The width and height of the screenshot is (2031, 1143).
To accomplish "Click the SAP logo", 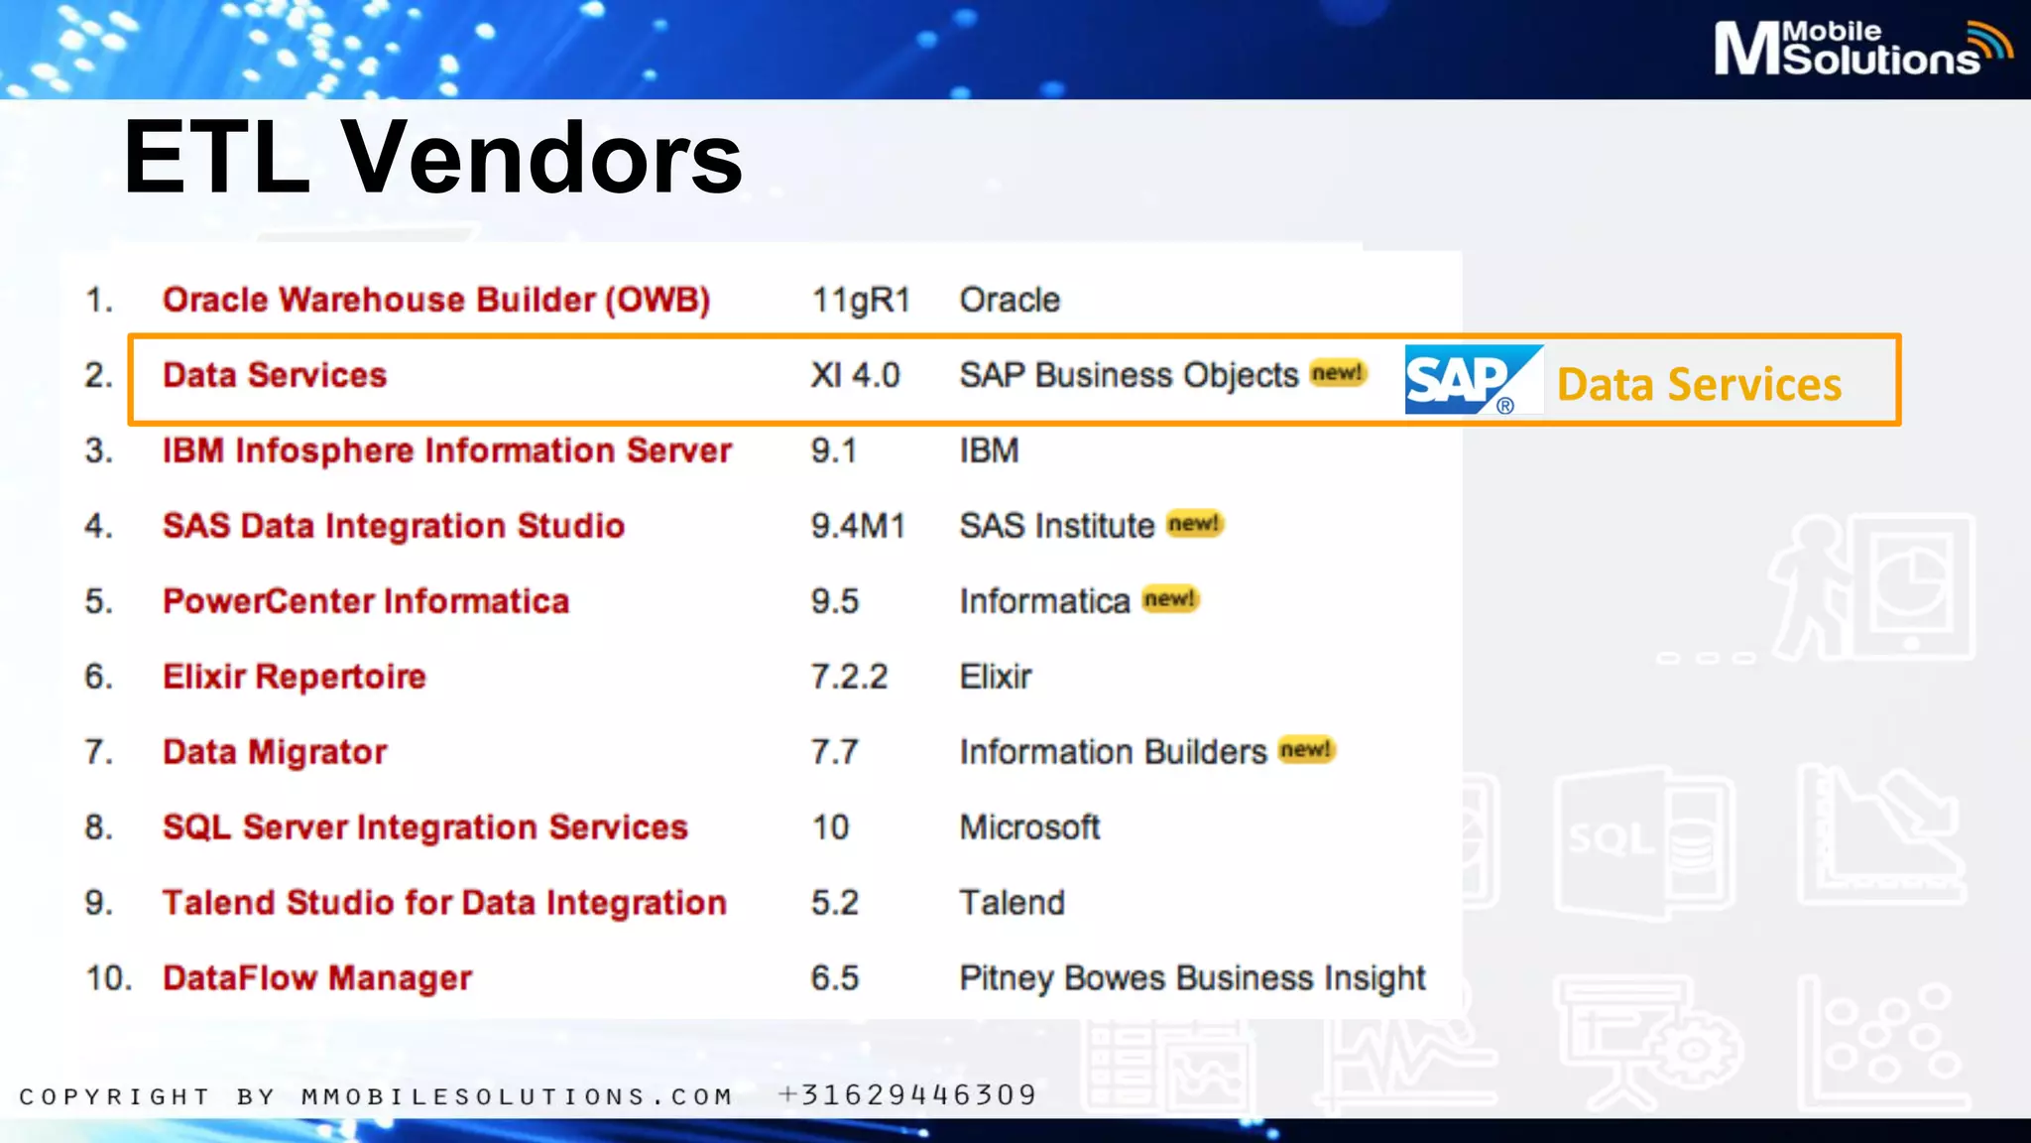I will [x=1473, y=380].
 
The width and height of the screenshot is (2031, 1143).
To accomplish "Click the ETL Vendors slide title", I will [x=432, y=158].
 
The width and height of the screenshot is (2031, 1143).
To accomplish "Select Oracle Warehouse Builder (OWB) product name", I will [x=436, y=300].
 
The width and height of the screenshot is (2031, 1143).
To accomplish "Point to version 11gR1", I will [x=860, y=300].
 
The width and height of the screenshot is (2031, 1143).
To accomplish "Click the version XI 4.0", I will [x=854, y=375].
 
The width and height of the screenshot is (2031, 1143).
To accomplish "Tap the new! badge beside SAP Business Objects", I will [x=1338, y=373].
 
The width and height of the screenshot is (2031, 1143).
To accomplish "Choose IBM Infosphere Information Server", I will [x=446, y=450].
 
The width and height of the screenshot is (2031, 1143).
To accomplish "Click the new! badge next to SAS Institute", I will [x=1194, y=523].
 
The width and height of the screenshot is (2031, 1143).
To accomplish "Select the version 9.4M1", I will [x=858, y=526].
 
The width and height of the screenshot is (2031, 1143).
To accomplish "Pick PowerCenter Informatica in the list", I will [x=366, y=601].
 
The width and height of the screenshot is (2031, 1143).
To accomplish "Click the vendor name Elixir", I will [x=995, y=677].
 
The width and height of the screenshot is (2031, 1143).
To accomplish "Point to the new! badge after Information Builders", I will [x=1305, y=749].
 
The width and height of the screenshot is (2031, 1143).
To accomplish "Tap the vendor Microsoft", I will [x=1029, y=827].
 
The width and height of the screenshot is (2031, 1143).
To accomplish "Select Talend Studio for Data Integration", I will [x=444, y=903].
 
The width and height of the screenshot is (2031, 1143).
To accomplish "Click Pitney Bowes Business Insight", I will [x=1192, y=978].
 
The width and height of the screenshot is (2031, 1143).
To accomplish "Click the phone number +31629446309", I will [x=907, y=1095].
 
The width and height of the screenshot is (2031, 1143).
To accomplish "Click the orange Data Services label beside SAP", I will [x=1699, y=385].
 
